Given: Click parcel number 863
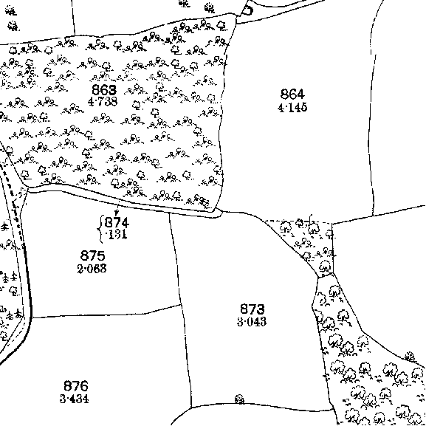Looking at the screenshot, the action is click(104, 90).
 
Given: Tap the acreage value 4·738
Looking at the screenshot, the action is click(103, 101).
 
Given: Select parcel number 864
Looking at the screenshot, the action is click(292, 95).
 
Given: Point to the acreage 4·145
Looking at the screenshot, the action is click(292, 108).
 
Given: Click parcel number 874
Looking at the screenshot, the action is click(117, 223).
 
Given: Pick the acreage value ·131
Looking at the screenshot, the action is click(117, 235).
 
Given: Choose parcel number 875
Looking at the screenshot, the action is click(92, 256).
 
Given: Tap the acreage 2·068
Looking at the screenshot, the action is click(92, 269).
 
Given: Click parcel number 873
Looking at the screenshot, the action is click(252, 309).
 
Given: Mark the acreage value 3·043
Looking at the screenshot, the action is click(252, 322).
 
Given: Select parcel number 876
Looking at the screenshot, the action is click(76, 386).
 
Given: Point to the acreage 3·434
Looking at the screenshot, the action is click(74, 399).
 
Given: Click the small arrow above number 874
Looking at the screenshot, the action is click(117, 210).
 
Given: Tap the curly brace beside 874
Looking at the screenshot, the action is click(100, 229).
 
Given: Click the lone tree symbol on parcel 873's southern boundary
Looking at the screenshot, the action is click(239, 399).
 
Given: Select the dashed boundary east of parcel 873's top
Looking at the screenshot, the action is click(299, 221).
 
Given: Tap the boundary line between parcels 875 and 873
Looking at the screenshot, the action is click(175, 258).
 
